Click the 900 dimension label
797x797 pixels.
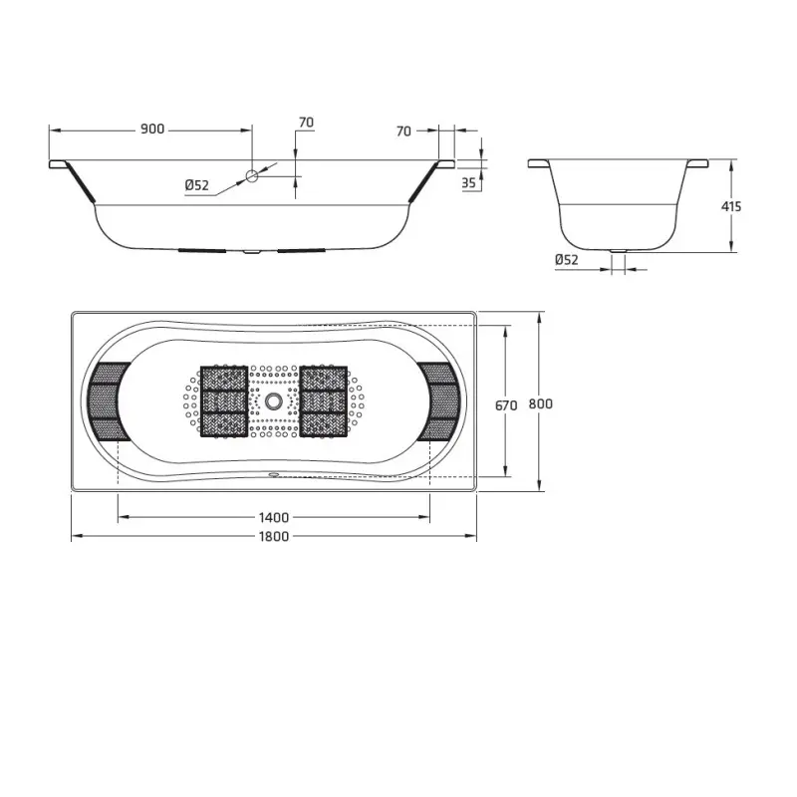(152, 130)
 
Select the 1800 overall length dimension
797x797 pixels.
(274, 536)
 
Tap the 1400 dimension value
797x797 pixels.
(274, 516)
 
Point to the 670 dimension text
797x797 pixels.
(506, 404)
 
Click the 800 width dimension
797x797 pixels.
(540, 403)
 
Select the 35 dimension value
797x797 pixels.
(468, 182)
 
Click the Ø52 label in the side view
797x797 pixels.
(196, 184)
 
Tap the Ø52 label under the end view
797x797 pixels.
(567, 260)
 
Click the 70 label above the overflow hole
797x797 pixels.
(306, 123)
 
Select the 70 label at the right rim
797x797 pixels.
(403, 131)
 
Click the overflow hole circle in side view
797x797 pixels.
(252, 175)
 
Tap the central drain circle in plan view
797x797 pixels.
(273, 402)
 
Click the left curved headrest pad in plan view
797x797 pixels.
(107, 401)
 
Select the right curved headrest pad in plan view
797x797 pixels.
(440, 401)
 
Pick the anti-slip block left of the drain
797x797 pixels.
(223, 402)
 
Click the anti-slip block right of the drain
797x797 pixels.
(324, 402)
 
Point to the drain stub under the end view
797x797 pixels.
(618, 251)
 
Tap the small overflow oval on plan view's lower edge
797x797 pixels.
(273, 475)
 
